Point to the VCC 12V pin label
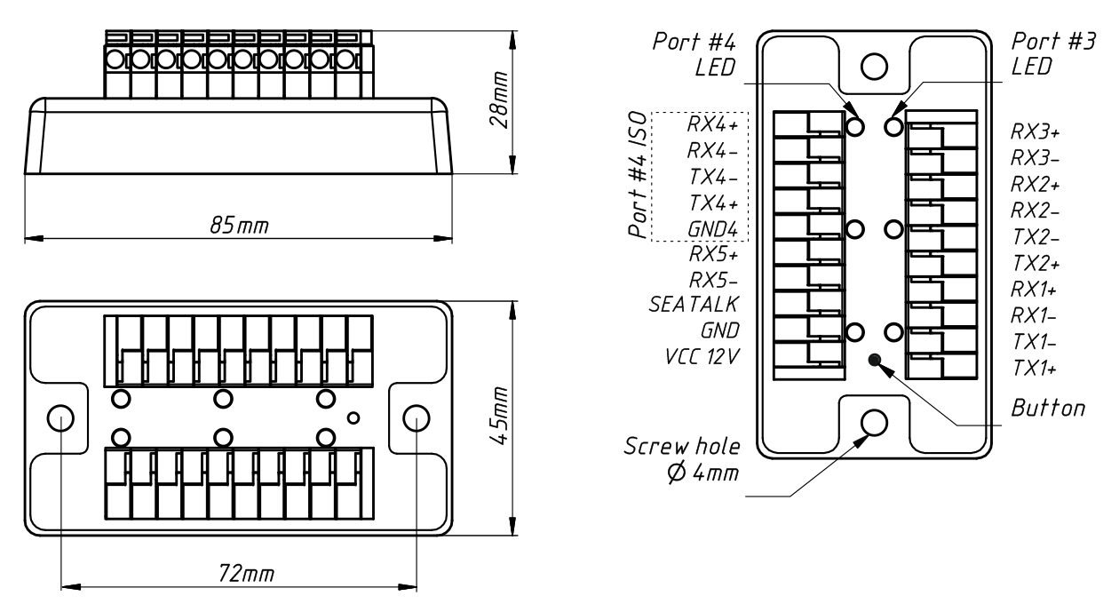click(x=703, y=354)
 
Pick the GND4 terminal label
click(x=716, y=228)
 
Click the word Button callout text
click(x=1048, y=409)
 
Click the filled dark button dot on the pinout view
click(x=875, y=360)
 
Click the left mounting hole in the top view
click(x=60, y=417)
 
